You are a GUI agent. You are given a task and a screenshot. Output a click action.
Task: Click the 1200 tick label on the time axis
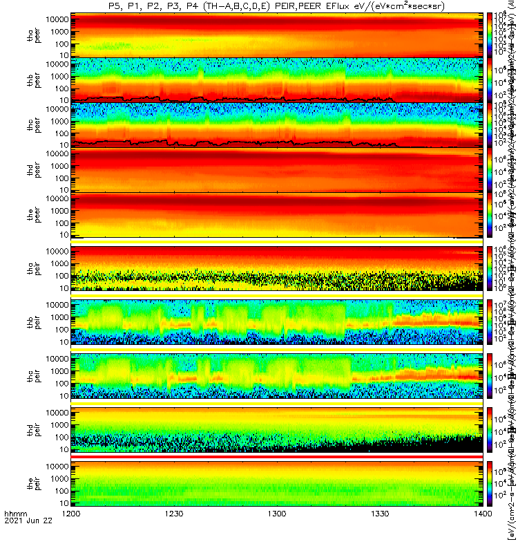click(71, 534)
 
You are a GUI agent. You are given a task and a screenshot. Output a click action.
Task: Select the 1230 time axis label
click(174, 534)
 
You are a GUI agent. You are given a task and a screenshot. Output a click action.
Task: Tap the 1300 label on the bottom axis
click(277, 534)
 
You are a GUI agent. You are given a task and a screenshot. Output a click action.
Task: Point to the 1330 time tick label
click(380, 534)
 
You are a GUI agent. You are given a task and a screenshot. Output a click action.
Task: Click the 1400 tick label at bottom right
click(483, 534)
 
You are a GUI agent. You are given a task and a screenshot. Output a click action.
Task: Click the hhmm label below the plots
click(15, 534)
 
